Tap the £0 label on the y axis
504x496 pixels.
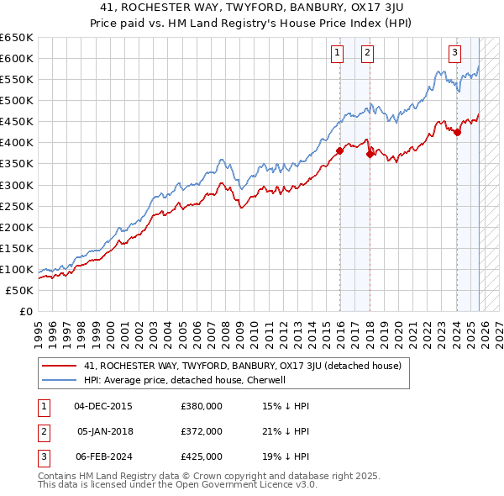click(24, 311)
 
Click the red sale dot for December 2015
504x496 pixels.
click(339, 151)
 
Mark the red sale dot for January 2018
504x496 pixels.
click(370, 154)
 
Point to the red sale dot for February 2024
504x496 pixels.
click(457, 132)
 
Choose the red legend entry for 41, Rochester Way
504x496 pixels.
click(243, 366)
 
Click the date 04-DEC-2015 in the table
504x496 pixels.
click(103, 406)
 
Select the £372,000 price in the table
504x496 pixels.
click(202, 431)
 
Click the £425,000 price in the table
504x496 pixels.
click(202, 456)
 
